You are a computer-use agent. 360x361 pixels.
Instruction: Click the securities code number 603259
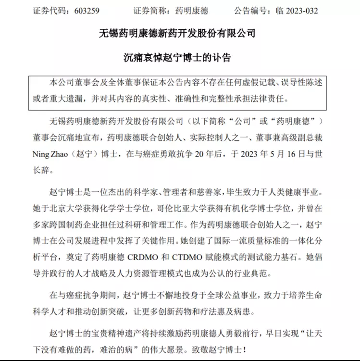(79, 10)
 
